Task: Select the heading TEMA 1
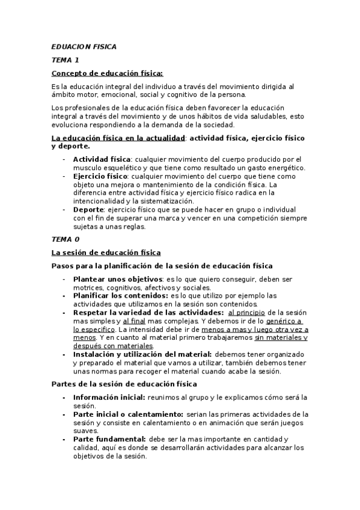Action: click(65, 60)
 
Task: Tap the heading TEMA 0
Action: click(66, 239)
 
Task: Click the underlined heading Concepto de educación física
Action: click(107, 73)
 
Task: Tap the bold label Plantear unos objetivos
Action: click(118, 279)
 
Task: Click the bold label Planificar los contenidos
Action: click(120, 296)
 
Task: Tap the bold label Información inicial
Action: click(109, 398)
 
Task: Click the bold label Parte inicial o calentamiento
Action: click(128, 414)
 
